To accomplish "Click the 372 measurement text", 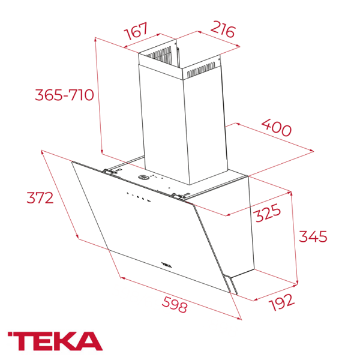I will [43, 197].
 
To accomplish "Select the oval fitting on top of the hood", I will [145, 177].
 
